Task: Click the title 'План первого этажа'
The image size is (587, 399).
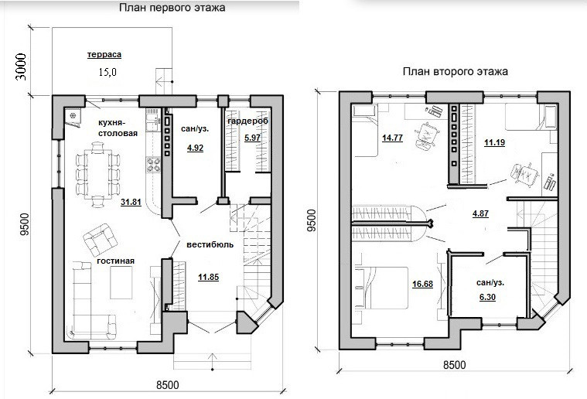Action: point(172,8)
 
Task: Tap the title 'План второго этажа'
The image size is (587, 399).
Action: point(456,71)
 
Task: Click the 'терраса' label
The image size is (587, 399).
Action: point(104,55)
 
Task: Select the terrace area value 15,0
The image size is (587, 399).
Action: point(108,72)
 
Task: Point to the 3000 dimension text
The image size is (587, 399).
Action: point(22,66)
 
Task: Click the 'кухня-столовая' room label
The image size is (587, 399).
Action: point(118,128)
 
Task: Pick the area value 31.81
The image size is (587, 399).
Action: point(131,203)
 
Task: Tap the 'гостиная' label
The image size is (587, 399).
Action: point(116,261)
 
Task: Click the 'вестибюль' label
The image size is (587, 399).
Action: point(210,244)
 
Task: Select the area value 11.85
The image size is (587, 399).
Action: point(209,278)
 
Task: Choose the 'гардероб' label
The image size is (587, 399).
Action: point(247,121)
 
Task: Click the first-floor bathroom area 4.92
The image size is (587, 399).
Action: point(195,148)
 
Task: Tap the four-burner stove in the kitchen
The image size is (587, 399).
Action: point(153,165)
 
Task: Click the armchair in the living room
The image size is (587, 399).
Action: point(100,240)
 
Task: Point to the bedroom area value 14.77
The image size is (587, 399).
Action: point(392,138)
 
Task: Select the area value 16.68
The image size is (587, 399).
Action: point(422,284)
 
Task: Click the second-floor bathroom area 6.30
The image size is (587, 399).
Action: point(487,297)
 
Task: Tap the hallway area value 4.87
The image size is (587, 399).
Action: point(480,213)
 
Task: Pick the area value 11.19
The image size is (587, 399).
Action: point(494,142)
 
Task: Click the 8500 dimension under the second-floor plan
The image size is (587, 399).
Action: point(455,364)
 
